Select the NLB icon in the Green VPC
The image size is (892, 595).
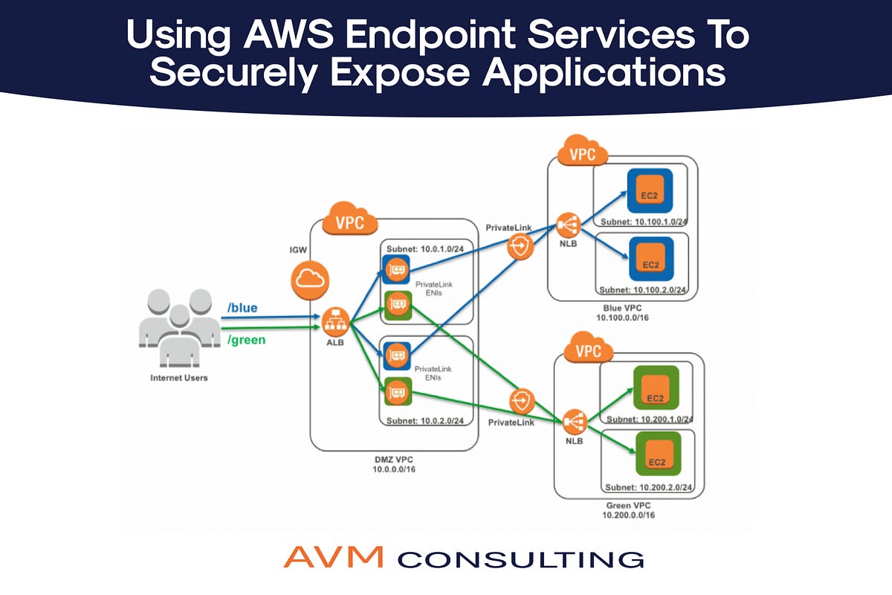point(575,422)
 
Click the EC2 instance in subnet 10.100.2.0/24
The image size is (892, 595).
point(650,260)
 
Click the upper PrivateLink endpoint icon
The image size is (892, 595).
point(520,248)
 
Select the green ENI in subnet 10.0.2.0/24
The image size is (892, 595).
point(397,391)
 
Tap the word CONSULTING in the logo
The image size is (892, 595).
point(520,559)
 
